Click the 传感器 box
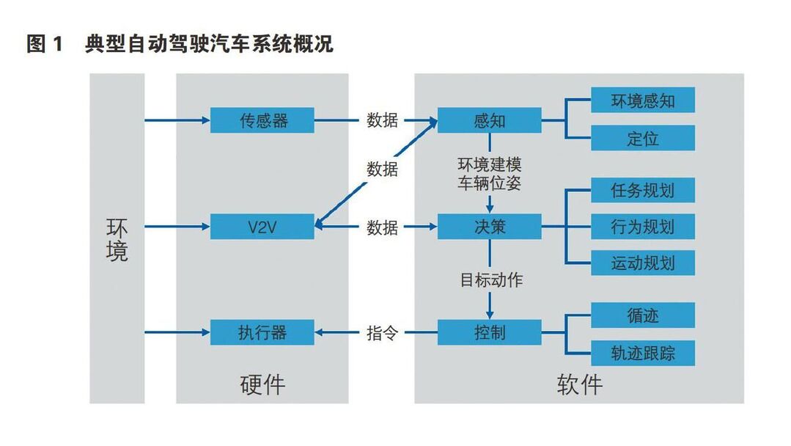click(262, 120)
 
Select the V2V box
click(262, 227)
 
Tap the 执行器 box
click(262, 332)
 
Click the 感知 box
click(489, 120)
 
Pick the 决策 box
click(489, 227)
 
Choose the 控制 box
click(489, 332)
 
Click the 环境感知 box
click(643, 100)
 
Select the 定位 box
click(643, 138)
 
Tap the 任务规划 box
click(643, 190)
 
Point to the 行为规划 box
click(643, 227)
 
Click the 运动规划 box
click(643, 263)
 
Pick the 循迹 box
click(643, 315)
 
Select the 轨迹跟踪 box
click(643, 353)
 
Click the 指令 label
click(383, 333)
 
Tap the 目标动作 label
click(491, 280)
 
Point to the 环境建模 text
click(489, 165)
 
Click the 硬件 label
click(262, 385)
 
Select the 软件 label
click(580, 385)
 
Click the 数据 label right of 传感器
click(383, 120)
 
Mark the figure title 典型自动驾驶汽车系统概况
click(209, 44)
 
